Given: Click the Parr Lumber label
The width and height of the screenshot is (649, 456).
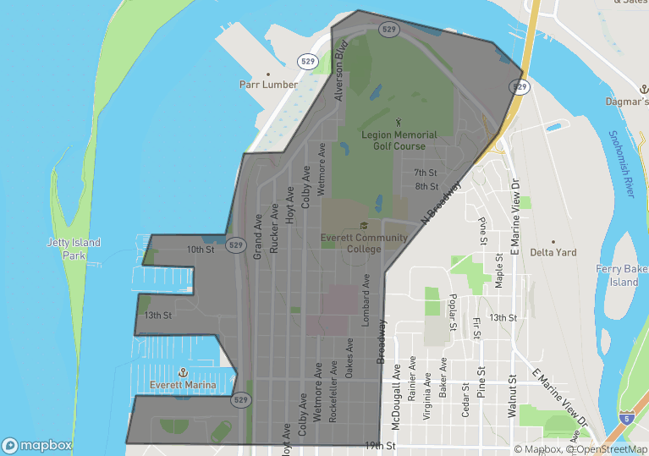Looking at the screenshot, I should (268, 85).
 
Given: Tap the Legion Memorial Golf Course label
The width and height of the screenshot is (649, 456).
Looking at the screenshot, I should (399, 140).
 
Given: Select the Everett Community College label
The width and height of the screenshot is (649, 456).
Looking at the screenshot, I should (364, 243).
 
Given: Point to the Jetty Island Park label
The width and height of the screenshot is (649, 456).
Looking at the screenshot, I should (74, 249).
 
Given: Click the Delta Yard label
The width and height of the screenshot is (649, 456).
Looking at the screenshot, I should (553, 252).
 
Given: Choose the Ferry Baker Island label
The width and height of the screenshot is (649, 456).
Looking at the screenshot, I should (623, 276).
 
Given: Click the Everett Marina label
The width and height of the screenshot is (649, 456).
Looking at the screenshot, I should (183, 385).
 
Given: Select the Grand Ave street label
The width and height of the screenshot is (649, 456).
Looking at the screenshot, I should (258, 238).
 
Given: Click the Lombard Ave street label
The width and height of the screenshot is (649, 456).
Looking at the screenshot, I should (366, 295).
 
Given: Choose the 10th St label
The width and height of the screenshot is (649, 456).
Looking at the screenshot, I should (201, 250).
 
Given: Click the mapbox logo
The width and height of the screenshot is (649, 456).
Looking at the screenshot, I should (37, 445).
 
